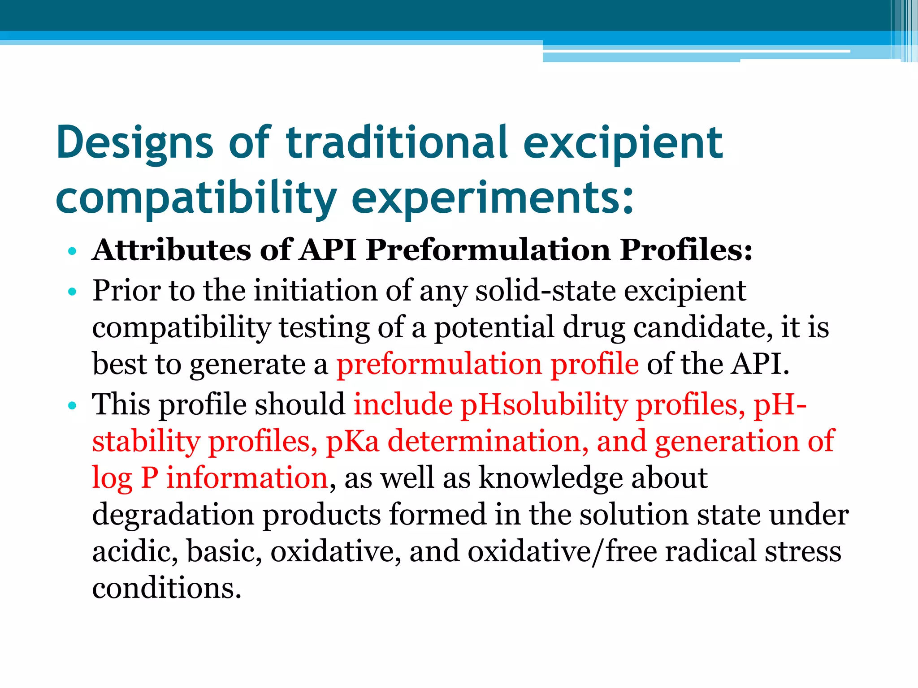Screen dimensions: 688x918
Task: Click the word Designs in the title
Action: pyautogui.click(x=134, y=143)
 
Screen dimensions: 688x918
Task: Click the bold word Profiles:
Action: pyautogui.click(x=686, y=249)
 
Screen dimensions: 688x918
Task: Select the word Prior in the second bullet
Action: pyautogui.click(x=126, y=291)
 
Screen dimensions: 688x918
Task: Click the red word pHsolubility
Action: pyautogui.click(x=544, y=405)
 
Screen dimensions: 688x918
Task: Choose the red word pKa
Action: pyautogui.click(x=352, y=441)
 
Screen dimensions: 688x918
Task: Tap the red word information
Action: pyautogui.click(x=247, y=478)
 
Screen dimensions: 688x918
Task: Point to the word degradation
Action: pyautogui.click(x=173, y=515)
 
